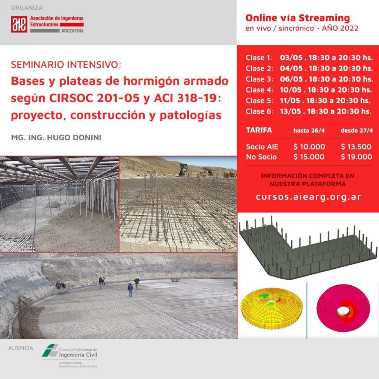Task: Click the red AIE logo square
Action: coord(19,24)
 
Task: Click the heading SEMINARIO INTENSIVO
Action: coord(66,65)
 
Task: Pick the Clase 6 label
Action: coord(259,111)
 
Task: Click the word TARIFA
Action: coord(259,130)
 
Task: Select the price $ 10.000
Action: coord(309,147)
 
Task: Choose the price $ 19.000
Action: coord(356,157)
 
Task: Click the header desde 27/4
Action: coord(356,130)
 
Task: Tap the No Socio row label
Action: coord(261,157)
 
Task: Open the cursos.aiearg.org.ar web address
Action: coord(308,197)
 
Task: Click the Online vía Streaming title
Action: coord(298,18)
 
